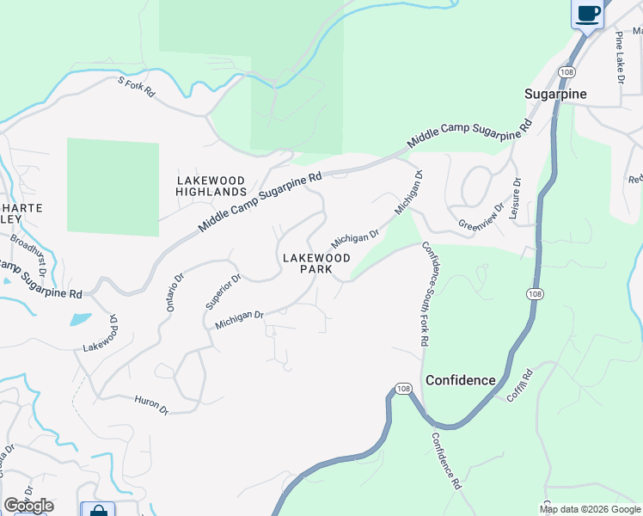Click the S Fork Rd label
click(136, 86)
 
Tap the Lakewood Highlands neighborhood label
click(211, 186)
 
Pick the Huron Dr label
click(151, 405)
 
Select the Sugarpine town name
click(556, 94)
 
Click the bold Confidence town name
click(461, 380)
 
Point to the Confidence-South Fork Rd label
click(425, 294)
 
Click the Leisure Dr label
click(515, 199)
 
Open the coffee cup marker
click(588, 15)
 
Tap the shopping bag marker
click(98, 511)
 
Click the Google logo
click(28, 506)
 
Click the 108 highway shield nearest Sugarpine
click(565, 71)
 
